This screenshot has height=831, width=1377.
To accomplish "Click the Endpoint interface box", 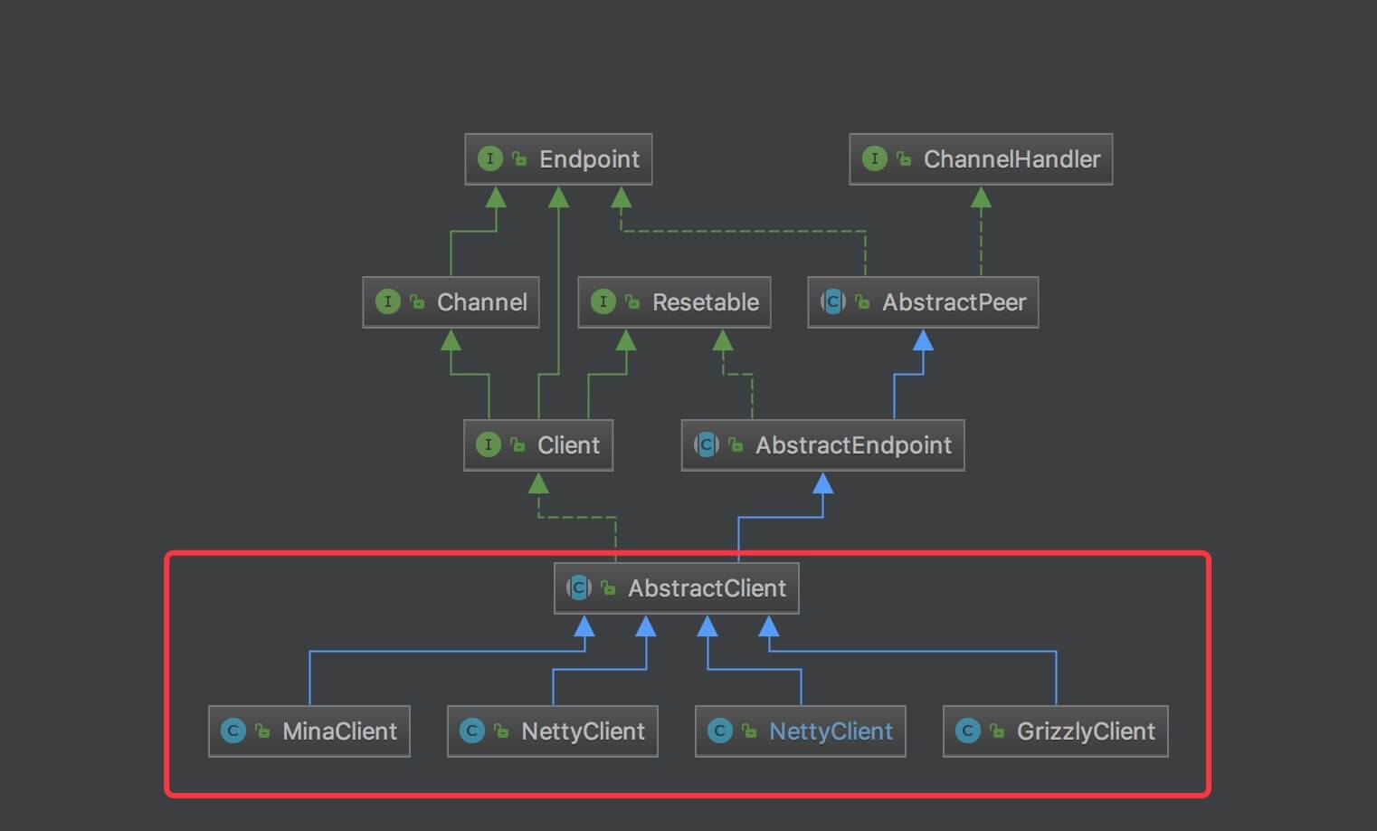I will coord(558,159).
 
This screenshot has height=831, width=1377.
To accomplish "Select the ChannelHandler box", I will coord(981,159).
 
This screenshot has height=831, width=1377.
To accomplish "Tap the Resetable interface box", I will coord(674,302).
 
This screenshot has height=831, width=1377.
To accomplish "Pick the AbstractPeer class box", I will coord(923,302).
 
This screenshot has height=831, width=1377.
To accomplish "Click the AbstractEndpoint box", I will coord(822,445).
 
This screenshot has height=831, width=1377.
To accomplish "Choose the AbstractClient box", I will coord(676,588).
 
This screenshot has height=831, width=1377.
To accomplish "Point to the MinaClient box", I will coord(309,731).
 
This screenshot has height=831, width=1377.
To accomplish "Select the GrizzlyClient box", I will coord(1055,731).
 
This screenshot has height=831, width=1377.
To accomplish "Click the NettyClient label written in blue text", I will coord(831,731).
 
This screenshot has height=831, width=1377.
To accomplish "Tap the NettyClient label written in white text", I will coord(583,731).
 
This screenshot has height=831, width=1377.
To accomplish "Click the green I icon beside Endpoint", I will coord(489,159).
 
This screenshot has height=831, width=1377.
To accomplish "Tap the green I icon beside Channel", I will coord(387,302).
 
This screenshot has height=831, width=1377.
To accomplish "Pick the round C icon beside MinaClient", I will coord(233,731).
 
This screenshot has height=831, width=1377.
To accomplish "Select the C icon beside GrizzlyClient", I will coord(968,731).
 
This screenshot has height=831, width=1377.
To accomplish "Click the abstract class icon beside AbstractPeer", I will coord(833,302).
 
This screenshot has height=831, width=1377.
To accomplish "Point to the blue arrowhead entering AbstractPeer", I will coord(923,340).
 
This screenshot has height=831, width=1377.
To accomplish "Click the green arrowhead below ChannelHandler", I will coord(981,197).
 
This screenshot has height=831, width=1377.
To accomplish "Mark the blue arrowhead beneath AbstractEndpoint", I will coord(822,483).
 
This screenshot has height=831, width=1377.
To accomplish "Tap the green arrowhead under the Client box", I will coord(538,483).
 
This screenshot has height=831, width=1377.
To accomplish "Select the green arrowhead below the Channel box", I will coord(451,340).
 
